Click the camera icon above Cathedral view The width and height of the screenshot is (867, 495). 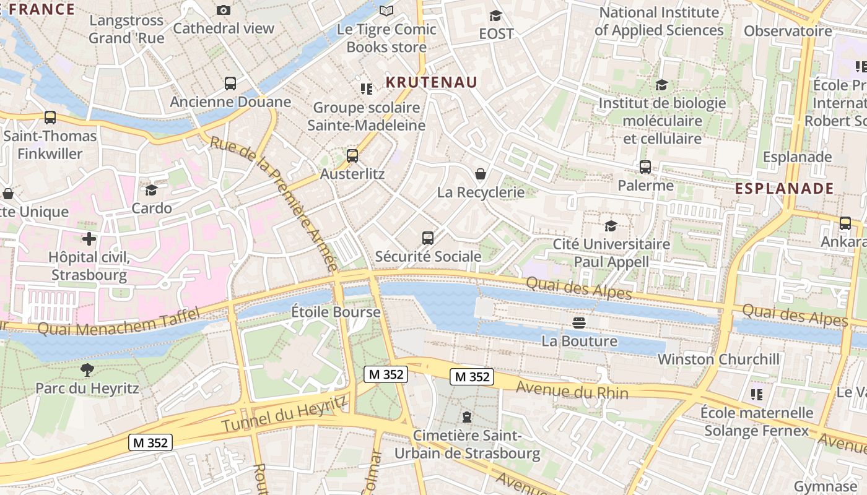[224, 10]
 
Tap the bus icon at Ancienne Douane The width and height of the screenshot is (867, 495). [230, 83]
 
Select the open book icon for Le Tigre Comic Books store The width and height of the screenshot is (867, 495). [386, 11]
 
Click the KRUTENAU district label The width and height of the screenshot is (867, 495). [431, 82]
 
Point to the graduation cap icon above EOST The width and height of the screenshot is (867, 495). [495, 15]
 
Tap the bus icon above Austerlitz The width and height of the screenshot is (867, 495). [352, 155]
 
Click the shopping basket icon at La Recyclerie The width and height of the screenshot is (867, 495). [480, 174]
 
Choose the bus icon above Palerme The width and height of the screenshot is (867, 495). [645, 166]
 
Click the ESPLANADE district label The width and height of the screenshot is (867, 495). [784, 189]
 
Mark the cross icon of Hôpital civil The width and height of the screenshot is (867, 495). [89, 238]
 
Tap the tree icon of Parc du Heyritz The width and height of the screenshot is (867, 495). [87, 370]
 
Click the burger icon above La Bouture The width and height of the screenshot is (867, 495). [579, 322]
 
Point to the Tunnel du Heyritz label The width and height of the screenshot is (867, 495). [284, 415]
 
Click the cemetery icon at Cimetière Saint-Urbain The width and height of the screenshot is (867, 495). [467, 417]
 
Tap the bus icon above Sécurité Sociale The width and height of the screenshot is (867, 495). [427, 238]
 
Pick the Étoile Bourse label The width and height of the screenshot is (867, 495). [336, 312]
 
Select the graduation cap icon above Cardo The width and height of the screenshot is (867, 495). [152, 190]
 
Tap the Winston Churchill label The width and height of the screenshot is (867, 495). [718, 359]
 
